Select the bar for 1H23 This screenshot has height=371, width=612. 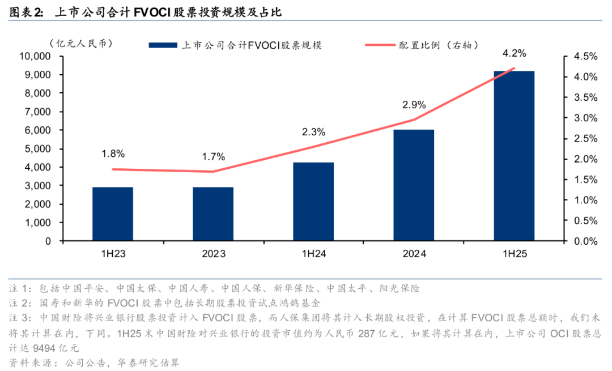click(x=113, y=214)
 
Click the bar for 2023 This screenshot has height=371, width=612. click(x=213, y=214)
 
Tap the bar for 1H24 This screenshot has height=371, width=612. click(x=313, y=201)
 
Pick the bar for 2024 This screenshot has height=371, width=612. click(x=414, y=185)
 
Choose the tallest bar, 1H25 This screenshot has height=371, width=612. click(x=514, y=156)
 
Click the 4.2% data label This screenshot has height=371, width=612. click(x=514, y=54)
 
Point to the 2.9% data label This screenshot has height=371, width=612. click(x=414, y=105)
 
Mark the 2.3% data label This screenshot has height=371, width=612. click(x=313, y=133)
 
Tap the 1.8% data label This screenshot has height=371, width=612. click(x=113, y=153)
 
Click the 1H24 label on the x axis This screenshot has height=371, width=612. click(x=313, y=254)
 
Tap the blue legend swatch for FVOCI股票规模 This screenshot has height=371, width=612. click(x=161, y=45)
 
